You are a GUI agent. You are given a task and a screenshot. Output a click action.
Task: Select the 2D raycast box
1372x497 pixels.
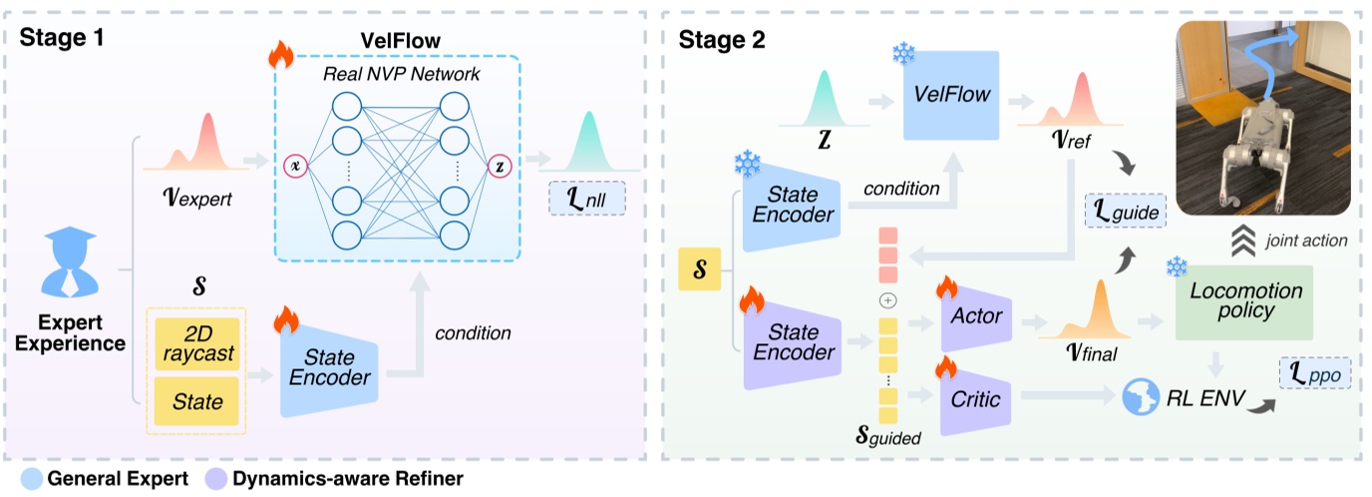(197, 342)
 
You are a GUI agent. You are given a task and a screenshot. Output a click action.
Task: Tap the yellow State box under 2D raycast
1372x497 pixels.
(197, 401)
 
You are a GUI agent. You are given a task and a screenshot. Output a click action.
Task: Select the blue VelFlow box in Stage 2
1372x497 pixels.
(952, 95)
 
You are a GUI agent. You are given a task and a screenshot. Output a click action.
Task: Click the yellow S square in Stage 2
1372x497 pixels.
(700, 269)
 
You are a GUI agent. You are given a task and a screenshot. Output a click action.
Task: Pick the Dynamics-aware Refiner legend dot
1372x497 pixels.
(217, 478)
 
